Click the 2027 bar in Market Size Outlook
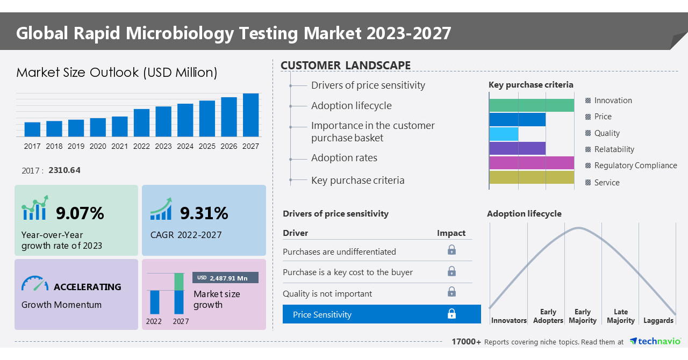pyautogui.click(x=250, y=115)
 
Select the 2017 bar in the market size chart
pyautogui.click(x=32, y=129)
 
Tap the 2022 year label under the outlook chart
pyautogui.click(x=141, y=146)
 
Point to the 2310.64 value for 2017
pyautogui.click(x=64, y=170)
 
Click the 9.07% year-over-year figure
pyautogui.click(x=80, y=213)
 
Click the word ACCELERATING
pyautogui.click(x=88, y=287)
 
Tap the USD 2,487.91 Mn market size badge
pyautogui.click(x=225, y=278)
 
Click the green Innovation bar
pyautogui.click(x=532, y=105)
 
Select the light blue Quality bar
pyautogui.click(x=504, y=134)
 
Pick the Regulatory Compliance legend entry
pyautogui.click(x=635, y=165)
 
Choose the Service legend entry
pyautogui.click(x=607, y=183)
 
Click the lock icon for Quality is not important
pyautogui.click(x=452, y=292)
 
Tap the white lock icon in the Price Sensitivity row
pyautogui.click(x=452, y=314)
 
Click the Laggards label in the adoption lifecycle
pyautogui.click(x=658, y=321)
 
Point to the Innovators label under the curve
pyautogui.click(x=508, y=321)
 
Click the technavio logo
pyautogui.click(x=655, y=341)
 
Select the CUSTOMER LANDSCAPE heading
pyautogui.click(x=346, y=66)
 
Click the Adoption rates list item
pyautogui.click(x=344, y=158)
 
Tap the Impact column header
pyautogui.click(x=451, y=233)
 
